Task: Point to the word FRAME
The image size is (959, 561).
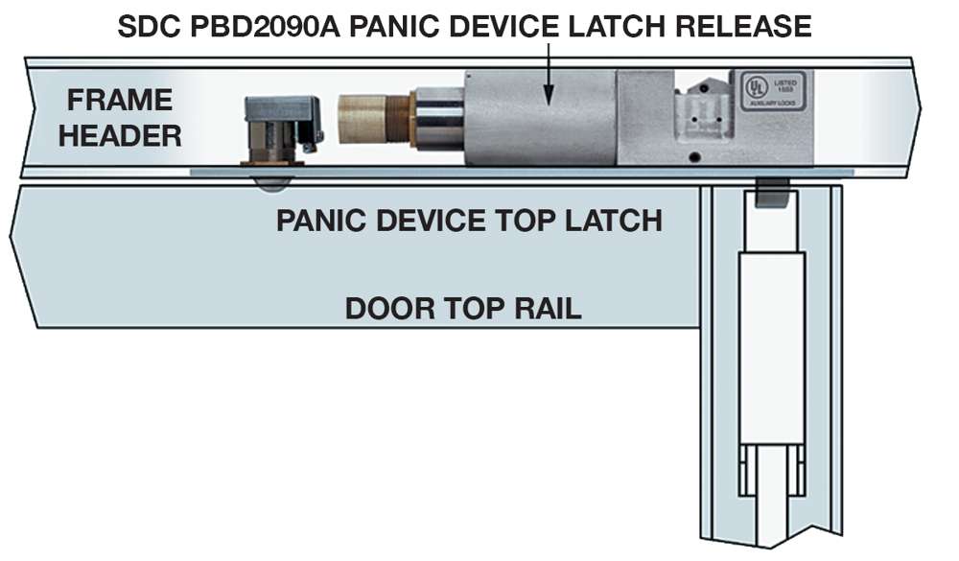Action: [x=119, y=100]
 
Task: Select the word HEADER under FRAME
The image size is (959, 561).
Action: [x=119, y=135]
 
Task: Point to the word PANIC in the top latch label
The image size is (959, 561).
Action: [x=319, y=221]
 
